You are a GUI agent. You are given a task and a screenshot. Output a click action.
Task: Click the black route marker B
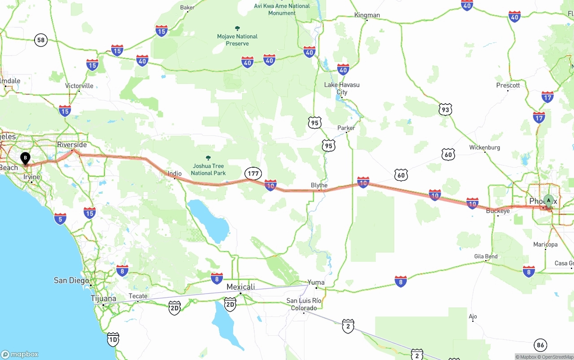pyautogui.click(x=26, y=158)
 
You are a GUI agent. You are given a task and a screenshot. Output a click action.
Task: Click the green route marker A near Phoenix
pyautogui.click(x=548, y=200)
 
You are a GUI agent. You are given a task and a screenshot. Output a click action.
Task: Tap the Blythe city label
pyautogui.click(x=319, y=185)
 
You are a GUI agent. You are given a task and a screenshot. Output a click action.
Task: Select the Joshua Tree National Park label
pyautogui.click(x=208, y=169)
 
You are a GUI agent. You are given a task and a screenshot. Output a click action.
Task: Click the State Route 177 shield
pyautogui.click(x=253, y=173)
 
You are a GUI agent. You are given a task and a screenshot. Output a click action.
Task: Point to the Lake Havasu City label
pyautogui.click(x=342, y=88)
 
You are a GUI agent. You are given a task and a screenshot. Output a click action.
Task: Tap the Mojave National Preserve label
pyautogui.click(x=237, y=40)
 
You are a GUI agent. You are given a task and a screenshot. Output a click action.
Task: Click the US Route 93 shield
pyautogui.click(x=445, y=109)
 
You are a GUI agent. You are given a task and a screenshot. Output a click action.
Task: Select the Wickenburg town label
pyautogui.click(x=484, y=147)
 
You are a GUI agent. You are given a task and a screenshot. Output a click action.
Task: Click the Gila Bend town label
pyautogui.click(x=486, y=256)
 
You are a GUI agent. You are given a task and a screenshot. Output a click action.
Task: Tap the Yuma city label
pyautogui.click(x=316, y=282)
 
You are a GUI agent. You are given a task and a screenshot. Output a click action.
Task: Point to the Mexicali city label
pyautogui.click(x=240, y=287)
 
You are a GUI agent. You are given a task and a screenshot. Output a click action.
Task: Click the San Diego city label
pyautogui.click(x=71, y=280)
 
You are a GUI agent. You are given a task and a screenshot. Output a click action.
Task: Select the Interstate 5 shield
pyautogui.click(x=60, y=219)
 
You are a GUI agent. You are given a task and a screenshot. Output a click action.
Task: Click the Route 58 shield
pyautogui.click(x=41, y=40)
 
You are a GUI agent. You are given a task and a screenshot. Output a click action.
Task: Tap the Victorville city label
pyautogui.click(x=79, y=86)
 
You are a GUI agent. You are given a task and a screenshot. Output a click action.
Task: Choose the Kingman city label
pyautogui.click(x=367, y=15)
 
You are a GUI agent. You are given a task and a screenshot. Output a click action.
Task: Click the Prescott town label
pyautogui.click(x=508, y=85)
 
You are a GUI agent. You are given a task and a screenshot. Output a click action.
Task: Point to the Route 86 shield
pyautogui.click(x=540, y=345)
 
